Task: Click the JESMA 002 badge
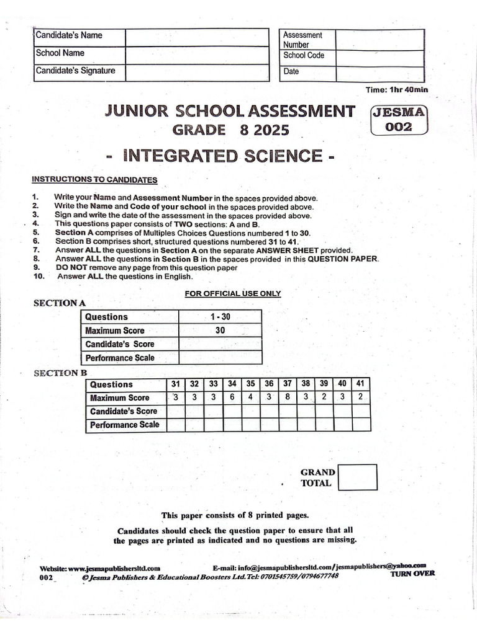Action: click(398, 120)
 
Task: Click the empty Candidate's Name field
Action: click(198, 37)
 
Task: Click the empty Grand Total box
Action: click(358, 477)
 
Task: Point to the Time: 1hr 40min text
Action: click(396, 90)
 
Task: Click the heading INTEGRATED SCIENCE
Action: click(220, 155)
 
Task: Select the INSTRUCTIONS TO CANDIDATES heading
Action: click(94, 180)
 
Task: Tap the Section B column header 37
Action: click(288, 384)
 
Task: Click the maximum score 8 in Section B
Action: click(288, 397)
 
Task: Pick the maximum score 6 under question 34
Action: click(232, 397)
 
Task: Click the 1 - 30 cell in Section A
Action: click(220, 317)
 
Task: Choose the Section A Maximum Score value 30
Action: click(220, 331)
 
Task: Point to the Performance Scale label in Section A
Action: click(119, 358)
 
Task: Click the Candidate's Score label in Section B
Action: click(123, 411)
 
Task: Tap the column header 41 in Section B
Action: click(361, 384)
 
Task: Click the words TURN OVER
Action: click(412, 574)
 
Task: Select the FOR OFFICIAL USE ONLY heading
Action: click(233, 293)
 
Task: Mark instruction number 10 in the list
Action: click(39, 277)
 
